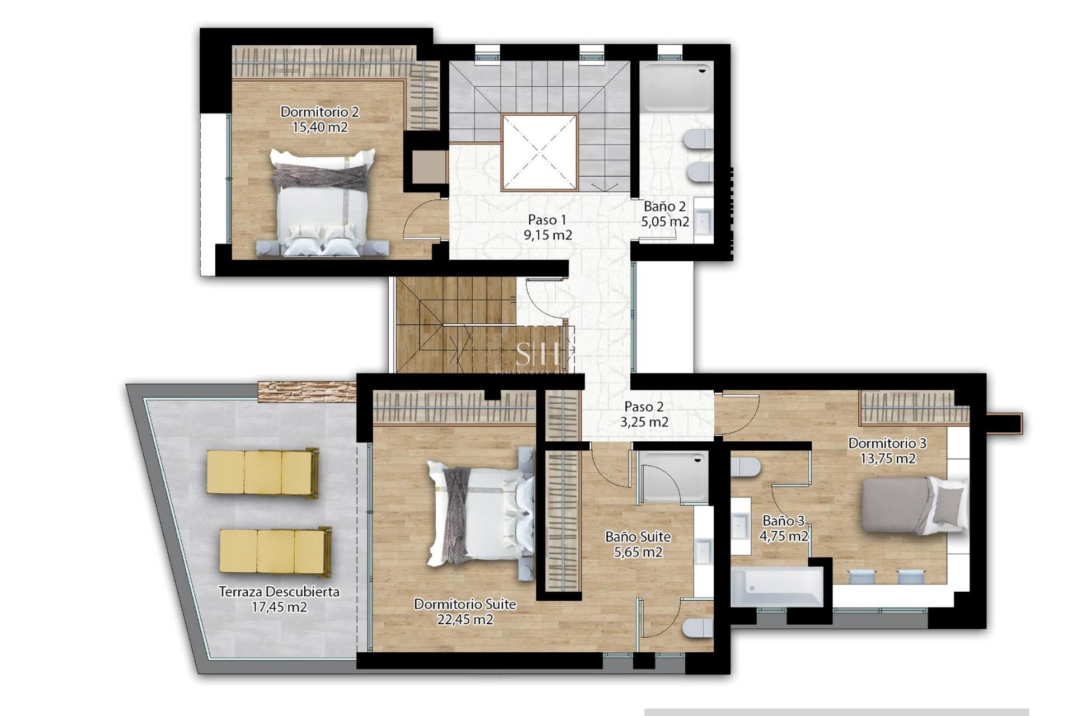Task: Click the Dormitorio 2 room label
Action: [319, 112]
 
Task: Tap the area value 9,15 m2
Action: [548, 235]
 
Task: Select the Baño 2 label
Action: [665, 206]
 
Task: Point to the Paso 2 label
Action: [644, 407]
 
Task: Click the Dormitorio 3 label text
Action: [887, 443]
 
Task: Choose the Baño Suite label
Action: [638, 537]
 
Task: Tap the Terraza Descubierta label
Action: [279, 592]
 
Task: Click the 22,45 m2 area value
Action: [465, 619]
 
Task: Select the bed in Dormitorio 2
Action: [322, 201]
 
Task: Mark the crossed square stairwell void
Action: [539, 153]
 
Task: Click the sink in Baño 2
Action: [703, 221]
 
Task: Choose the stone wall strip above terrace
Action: [307, 391]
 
